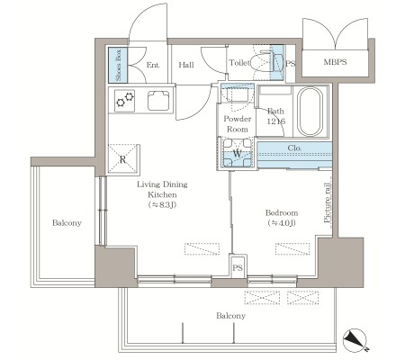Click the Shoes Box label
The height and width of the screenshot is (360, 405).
pos(118,65)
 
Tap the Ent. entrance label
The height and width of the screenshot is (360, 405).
pos(153,65)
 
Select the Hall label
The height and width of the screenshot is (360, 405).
pos(186,65)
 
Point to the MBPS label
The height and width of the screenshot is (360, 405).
pos(335,62)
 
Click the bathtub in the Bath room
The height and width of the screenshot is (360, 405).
pos(310,112)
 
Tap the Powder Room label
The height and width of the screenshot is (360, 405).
pos(237,124)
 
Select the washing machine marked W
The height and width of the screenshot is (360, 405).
pos(237,153)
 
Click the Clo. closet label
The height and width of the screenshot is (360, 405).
pos(294,148)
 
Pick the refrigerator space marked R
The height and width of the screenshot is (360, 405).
pos(122,158)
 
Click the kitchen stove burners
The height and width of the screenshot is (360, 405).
pos(125,100)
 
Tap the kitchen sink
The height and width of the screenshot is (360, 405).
pos(158,100)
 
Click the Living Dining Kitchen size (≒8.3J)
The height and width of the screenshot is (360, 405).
pos(162,205)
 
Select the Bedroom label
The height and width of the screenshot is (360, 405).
pos(282,212)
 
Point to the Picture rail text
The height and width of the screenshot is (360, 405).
pos(328,203)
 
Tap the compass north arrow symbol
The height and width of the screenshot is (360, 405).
pos(355,340)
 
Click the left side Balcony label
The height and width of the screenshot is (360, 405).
pos(67,223)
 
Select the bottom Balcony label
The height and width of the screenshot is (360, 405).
pos(230,316)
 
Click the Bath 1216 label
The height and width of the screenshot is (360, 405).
pos(275,116)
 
